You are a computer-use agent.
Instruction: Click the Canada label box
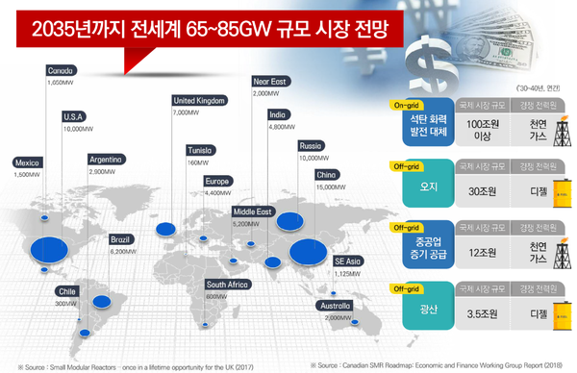point(62,71)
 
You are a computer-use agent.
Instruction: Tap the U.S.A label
point(74,116)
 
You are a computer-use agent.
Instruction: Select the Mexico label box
point(28,162)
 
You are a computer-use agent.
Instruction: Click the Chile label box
point(67,290)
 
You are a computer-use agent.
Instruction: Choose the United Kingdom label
point(200,100)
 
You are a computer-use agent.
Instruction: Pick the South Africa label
point(229,285)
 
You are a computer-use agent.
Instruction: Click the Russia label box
point(312,146)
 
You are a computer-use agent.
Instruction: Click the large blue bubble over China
point(306,251)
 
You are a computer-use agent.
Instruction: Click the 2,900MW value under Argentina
point(103,170)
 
